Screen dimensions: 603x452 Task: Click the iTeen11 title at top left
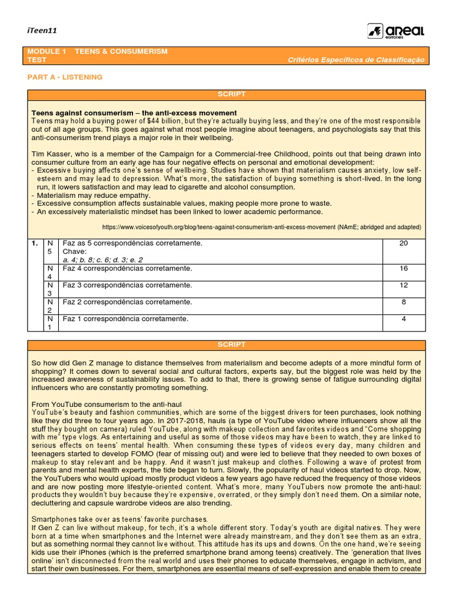point(42,31)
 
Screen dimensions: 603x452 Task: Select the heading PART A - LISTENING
point(65,77)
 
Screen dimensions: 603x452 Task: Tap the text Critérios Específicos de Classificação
point(355,60)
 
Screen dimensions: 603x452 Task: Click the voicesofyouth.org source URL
point(261,227)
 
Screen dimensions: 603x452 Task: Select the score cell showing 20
point(403,243)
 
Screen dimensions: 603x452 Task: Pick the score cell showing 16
point(403,269)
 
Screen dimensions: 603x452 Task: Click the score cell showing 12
point(403,285)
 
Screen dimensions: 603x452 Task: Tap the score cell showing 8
point(403,302)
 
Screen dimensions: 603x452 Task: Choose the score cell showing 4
point(403,319)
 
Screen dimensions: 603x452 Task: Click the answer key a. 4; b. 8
point(102,260)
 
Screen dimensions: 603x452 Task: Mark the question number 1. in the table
point(35,243)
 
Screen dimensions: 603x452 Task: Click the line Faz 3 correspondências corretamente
point(127,285)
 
